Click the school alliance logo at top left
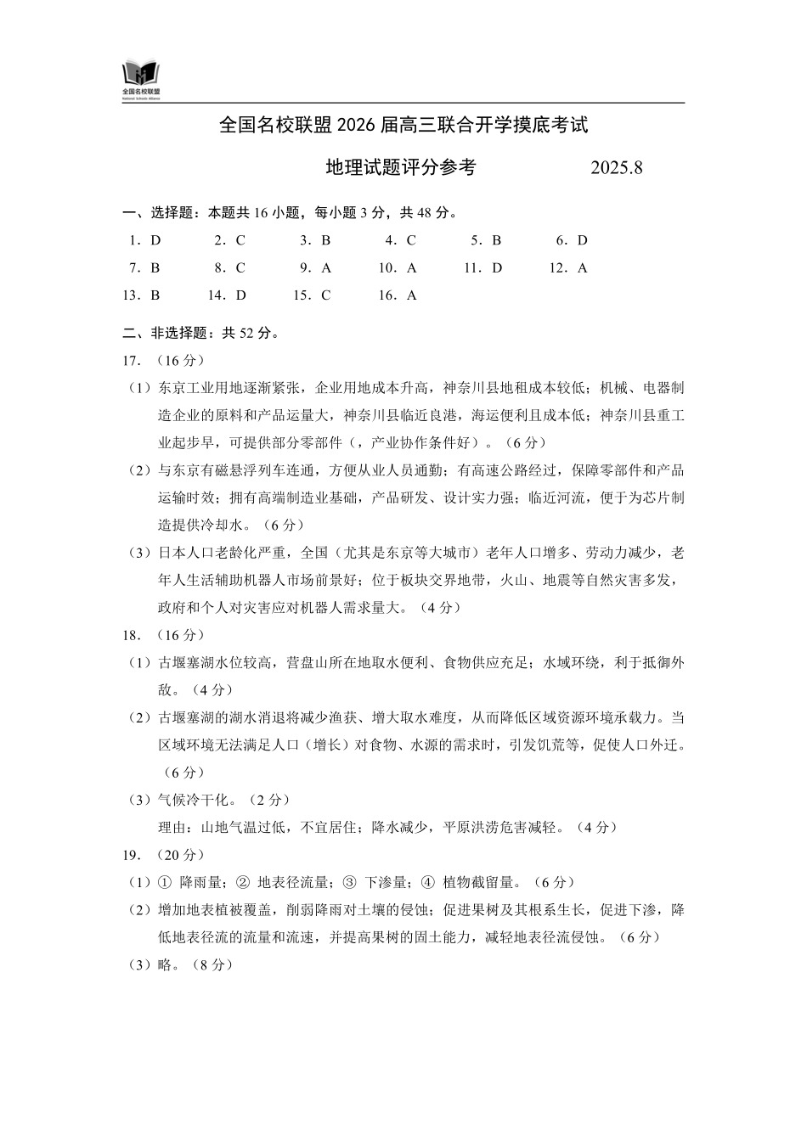click(141, 78)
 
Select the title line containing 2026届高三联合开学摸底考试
click(403, 126)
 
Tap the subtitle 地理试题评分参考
click(401, 168)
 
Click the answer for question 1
click(155, 240)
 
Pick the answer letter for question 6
click(583, 240)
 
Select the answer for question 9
click(327, 268)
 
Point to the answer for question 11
click(497, 268)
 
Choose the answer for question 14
click(241, 295)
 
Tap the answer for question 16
click(412, 295)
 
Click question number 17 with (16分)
click(163, 361)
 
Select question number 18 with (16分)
click(163, 635)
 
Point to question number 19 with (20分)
click(163, 855)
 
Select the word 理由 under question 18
click(172, 827)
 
